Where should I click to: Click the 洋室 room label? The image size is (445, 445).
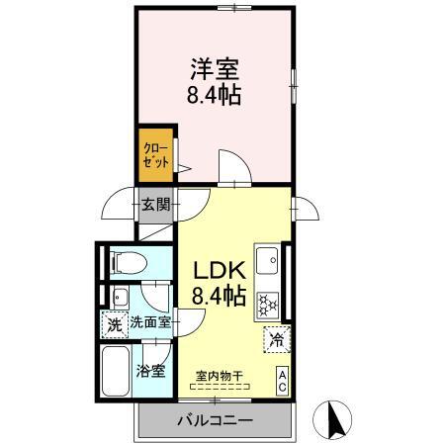click(x=214, y=70)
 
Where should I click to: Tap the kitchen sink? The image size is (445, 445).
click(x=267, y=261)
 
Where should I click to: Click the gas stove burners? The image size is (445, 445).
click(x=267, y=303)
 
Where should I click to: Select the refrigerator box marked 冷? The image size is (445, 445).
click(x=278, y=339)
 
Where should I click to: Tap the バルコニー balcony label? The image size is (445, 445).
click(x=215, y=420)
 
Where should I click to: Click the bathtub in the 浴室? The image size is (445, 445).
click(x=117, y=374)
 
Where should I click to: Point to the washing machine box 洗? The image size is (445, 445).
click(x=114, y=322)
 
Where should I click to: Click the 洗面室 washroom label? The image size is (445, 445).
click(x=150, y=322)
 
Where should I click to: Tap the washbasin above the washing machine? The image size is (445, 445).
click(x=119, y=297)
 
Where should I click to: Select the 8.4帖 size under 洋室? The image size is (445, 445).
click(x=214, y=96)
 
